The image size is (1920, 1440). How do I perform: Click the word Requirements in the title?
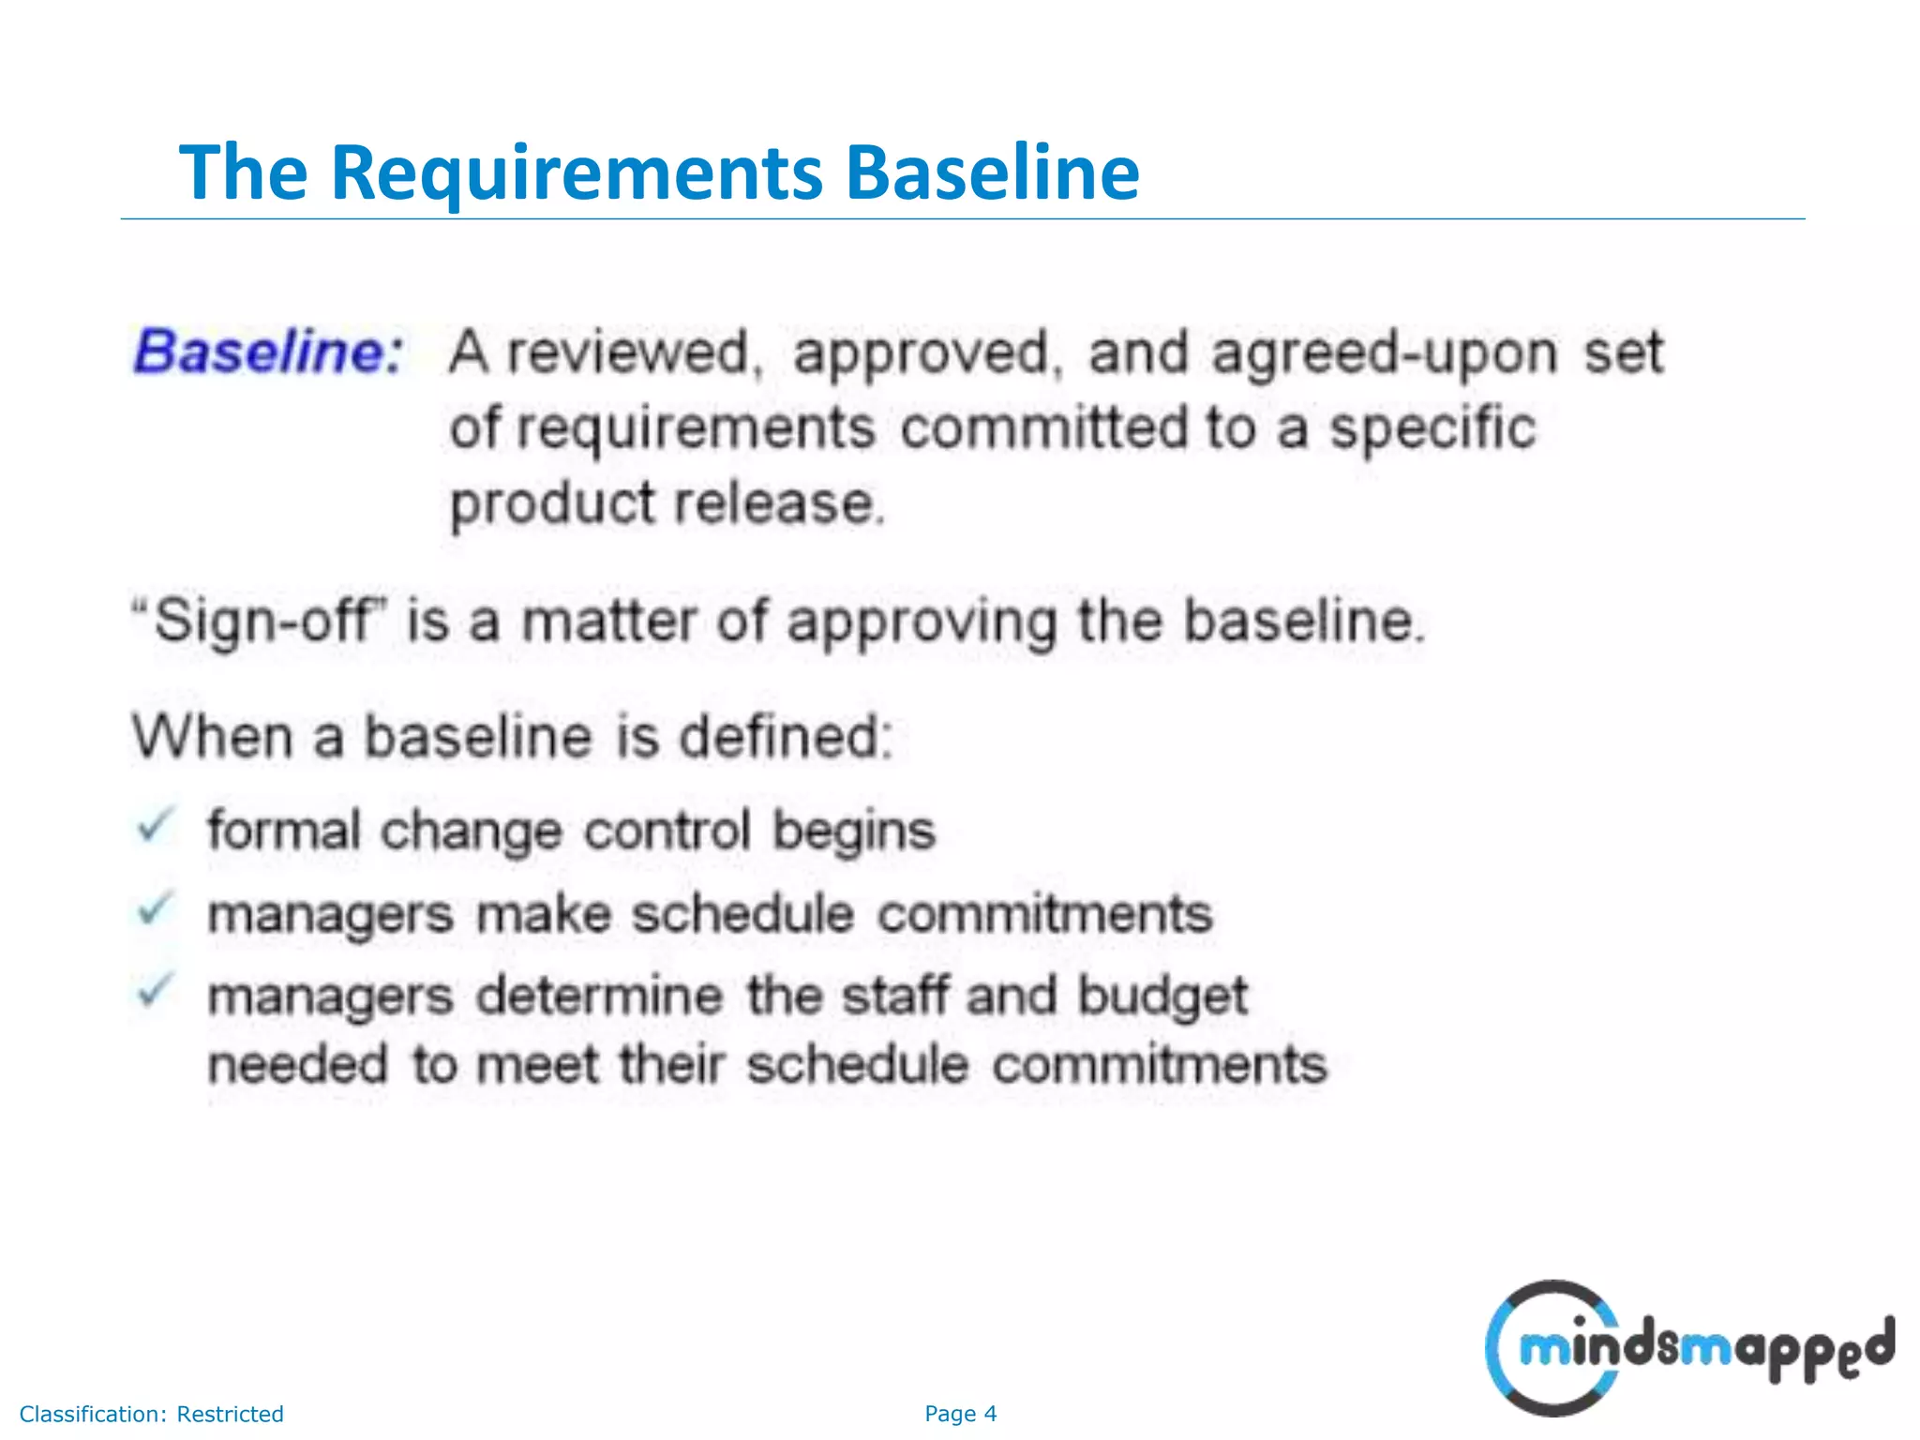tap(576, 173)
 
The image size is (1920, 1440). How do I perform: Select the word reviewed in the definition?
tap(629, 352)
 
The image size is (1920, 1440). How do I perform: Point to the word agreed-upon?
tap(1384, 354)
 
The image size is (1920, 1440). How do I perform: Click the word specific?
tap(1433, 429)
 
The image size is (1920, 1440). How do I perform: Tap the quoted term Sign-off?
tap(262, 622)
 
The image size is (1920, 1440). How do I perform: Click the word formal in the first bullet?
tap(283, 830)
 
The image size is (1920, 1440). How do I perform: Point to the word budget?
tap(1162, 996)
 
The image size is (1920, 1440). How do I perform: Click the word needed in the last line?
tap(298, 1065)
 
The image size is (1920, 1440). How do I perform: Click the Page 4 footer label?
tap(960, 1414)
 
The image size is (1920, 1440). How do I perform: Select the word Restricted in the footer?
tap(230, 1414)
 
